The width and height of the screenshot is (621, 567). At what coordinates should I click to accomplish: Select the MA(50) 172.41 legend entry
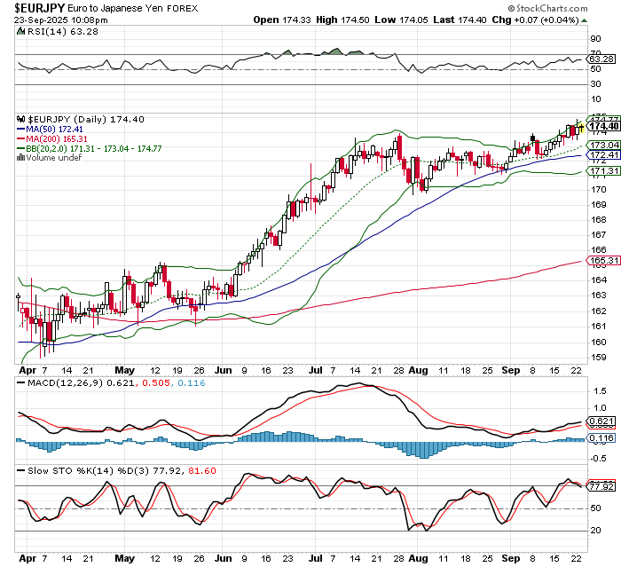(53, 129)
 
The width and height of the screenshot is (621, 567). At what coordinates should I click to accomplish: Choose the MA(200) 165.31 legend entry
(56, 138)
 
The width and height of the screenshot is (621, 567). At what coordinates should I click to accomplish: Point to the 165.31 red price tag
(603, 260)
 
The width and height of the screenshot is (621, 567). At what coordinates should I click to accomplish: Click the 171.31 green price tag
(603, 170)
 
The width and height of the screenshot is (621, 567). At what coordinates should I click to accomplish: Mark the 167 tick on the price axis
(599, 235)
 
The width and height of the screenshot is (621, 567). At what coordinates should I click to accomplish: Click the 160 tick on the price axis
(599, 342)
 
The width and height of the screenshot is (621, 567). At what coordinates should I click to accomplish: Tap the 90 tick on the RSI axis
(596, 40)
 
